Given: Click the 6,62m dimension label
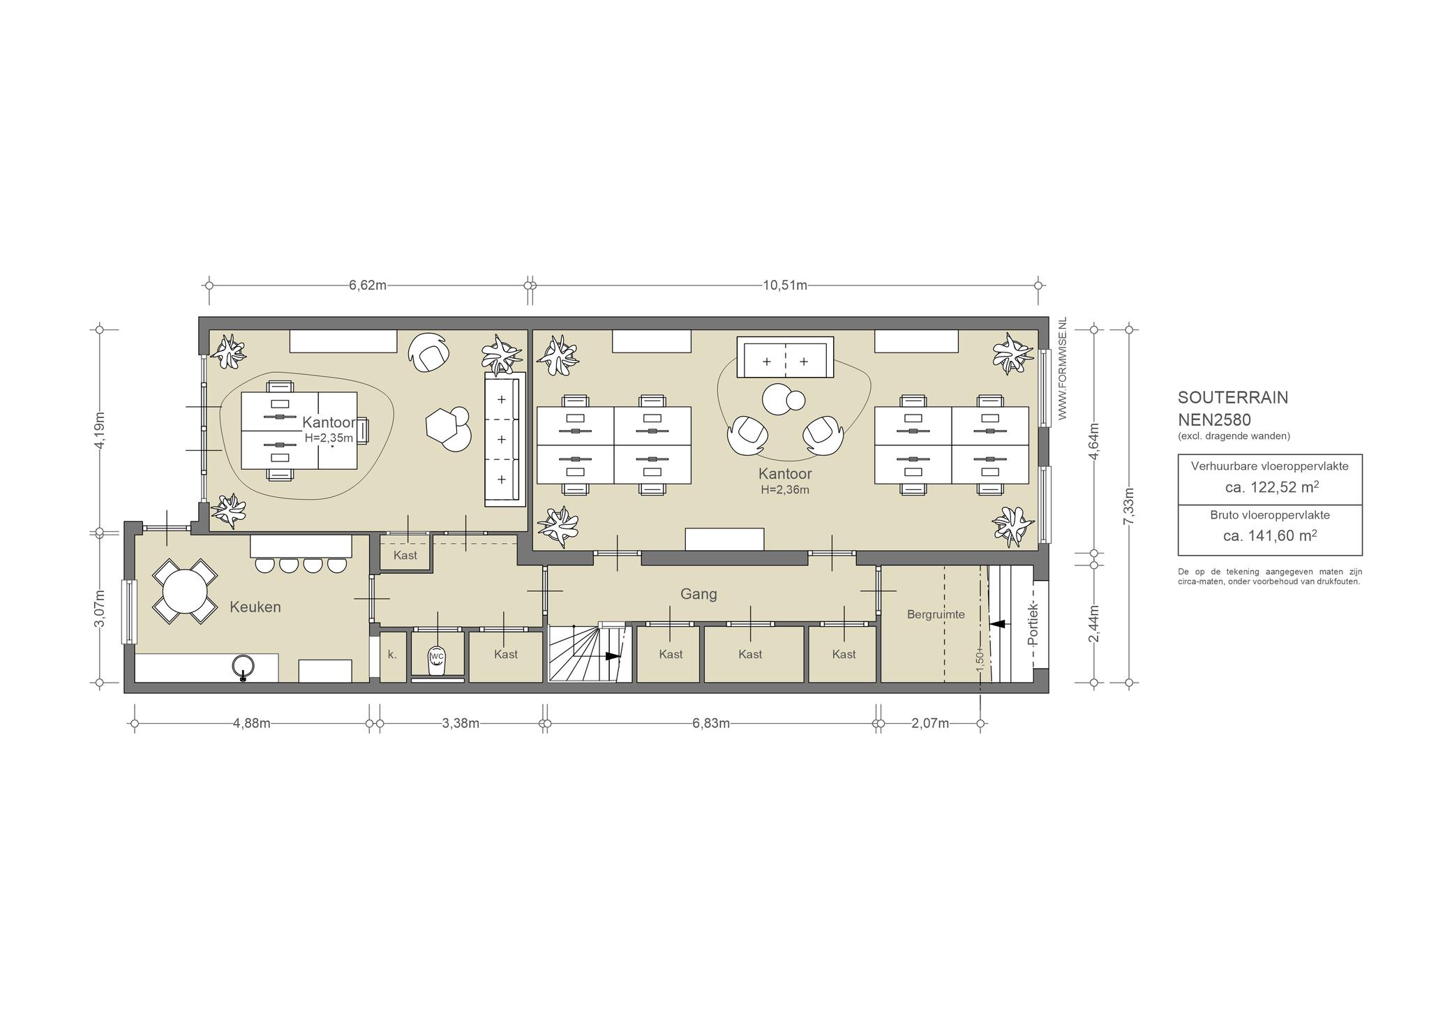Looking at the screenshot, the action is pos(368,285).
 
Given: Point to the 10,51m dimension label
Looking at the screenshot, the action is pos(785,285).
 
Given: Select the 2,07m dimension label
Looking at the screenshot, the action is pos(930,723).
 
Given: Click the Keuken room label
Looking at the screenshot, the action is pos(255,607).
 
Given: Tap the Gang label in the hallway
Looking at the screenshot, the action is pos(698,594).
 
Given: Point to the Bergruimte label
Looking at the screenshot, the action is pos(936,614).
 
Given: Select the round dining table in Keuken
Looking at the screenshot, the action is pos(185,591).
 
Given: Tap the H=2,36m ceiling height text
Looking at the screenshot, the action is pos(785,490).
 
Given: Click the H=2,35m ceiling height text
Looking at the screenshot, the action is pos(328,438).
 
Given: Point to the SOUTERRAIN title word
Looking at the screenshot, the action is pos(1233,397).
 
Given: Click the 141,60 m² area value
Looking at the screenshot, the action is pos(1270,535).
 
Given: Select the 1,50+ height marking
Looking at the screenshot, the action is pos(980,660).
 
